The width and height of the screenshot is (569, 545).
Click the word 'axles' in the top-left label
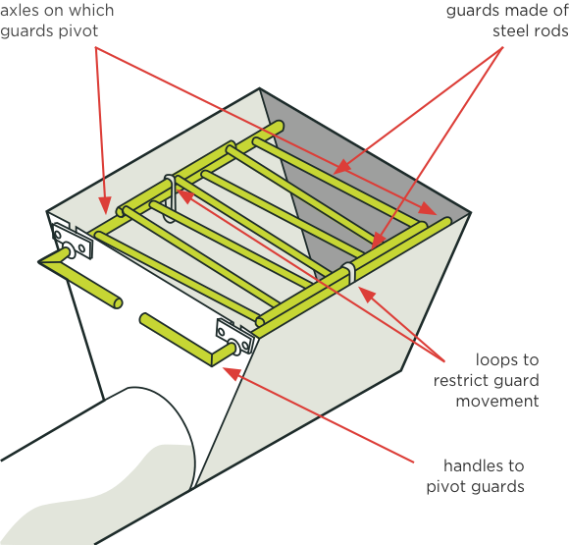tap(19, 10)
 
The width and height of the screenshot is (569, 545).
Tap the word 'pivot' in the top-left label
tap(78, 30)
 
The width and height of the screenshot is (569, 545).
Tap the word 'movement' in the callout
tap(497, 401)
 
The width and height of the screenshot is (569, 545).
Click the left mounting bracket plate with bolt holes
tap(73, 241)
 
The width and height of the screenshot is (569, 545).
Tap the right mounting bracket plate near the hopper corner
tap(234, 336)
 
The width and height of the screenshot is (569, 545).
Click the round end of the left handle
tap(117, 303)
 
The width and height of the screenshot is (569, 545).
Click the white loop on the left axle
tap(170, 198)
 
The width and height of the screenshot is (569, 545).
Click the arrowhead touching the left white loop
tap(184, 196)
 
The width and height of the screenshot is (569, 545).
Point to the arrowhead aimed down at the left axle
tap(105, 205)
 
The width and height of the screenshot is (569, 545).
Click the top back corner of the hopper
tap(259, 88)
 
